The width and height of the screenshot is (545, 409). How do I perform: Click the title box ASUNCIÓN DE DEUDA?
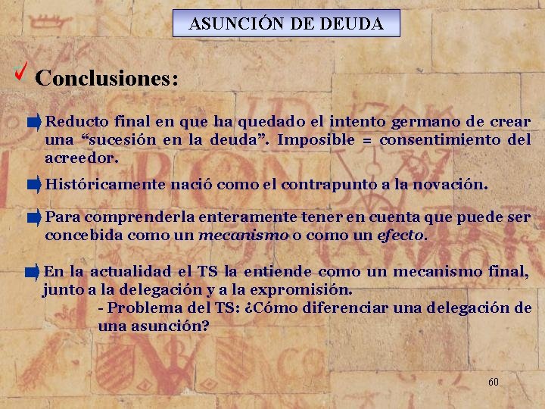point(286,23)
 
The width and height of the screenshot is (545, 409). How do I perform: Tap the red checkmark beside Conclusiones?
point(22,73)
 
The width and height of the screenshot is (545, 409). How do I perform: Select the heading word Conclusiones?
point(107,78)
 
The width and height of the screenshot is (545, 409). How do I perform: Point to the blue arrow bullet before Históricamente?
point(33,184)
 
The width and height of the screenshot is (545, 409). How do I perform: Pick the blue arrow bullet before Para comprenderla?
point(33,218)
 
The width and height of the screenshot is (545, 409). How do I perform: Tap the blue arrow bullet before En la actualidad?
point(33,271)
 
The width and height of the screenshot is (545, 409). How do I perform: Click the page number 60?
point(493,382)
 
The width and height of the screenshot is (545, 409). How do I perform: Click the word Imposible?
point(316,139)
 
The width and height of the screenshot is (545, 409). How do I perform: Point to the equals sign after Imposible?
point(367,140)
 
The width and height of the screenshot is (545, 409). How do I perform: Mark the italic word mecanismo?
point(243,235)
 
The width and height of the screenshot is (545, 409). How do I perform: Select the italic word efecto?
point(401,235)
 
